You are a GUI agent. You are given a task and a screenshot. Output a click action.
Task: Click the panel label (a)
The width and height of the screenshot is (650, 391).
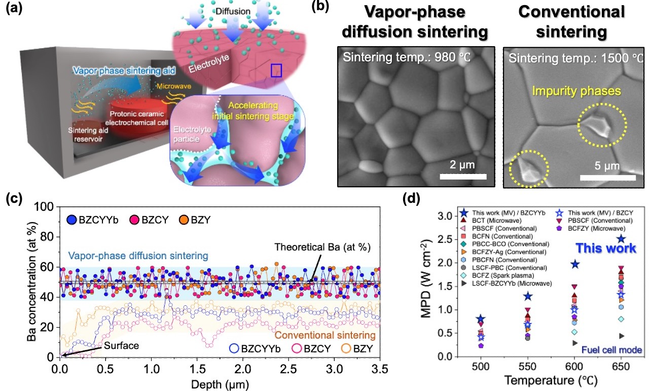(x=14, y=9)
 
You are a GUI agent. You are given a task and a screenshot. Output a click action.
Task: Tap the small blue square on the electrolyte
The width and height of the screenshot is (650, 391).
(x=276, y=70)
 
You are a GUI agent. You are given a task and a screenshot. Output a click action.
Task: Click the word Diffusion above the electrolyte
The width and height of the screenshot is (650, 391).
(x=233, y=11)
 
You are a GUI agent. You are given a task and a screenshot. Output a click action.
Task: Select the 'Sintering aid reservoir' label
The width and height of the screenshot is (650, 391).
(x=88, y=135)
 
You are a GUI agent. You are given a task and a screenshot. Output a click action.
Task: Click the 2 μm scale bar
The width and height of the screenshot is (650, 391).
(x=463, y=176)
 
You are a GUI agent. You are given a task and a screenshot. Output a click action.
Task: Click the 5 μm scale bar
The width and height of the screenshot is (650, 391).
(x=608, y=177)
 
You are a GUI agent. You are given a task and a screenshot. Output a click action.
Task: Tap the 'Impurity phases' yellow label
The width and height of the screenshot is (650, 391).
(x=576, y=91)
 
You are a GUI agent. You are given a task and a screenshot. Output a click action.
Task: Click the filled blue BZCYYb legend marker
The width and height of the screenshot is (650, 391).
(x=71, y=220)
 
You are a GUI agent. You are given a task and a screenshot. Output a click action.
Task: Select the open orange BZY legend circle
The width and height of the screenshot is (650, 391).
(x=346, y=348)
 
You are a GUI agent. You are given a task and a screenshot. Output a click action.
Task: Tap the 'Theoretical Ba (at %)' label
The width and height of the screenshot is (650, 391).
(x=322, y=247)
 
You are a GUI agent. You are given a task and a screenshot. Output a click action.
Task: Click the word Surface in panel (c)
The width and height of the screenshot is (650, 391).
(x=121, y=345)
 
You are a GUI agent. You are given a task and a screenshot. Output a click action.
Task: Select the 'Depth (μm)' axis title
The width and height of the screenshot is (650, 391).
(x=220, y=384)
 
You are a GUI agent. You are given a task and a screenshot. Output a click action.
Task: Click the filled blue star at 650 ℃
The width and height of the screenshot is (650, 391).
(x=621, y=239)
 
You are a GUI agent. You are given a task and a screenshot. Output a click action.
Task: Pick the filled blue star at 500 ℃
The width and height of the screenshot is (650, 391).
(x=481, y=318)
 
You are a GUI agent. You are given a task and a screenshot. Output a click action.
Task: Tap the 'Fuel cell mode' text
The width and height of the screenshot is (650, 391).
(x=611, y=350)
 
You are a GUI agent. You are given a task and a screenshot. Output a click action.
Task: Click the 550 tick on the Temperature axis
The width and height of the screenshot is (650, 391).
(x=527, y=367)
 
